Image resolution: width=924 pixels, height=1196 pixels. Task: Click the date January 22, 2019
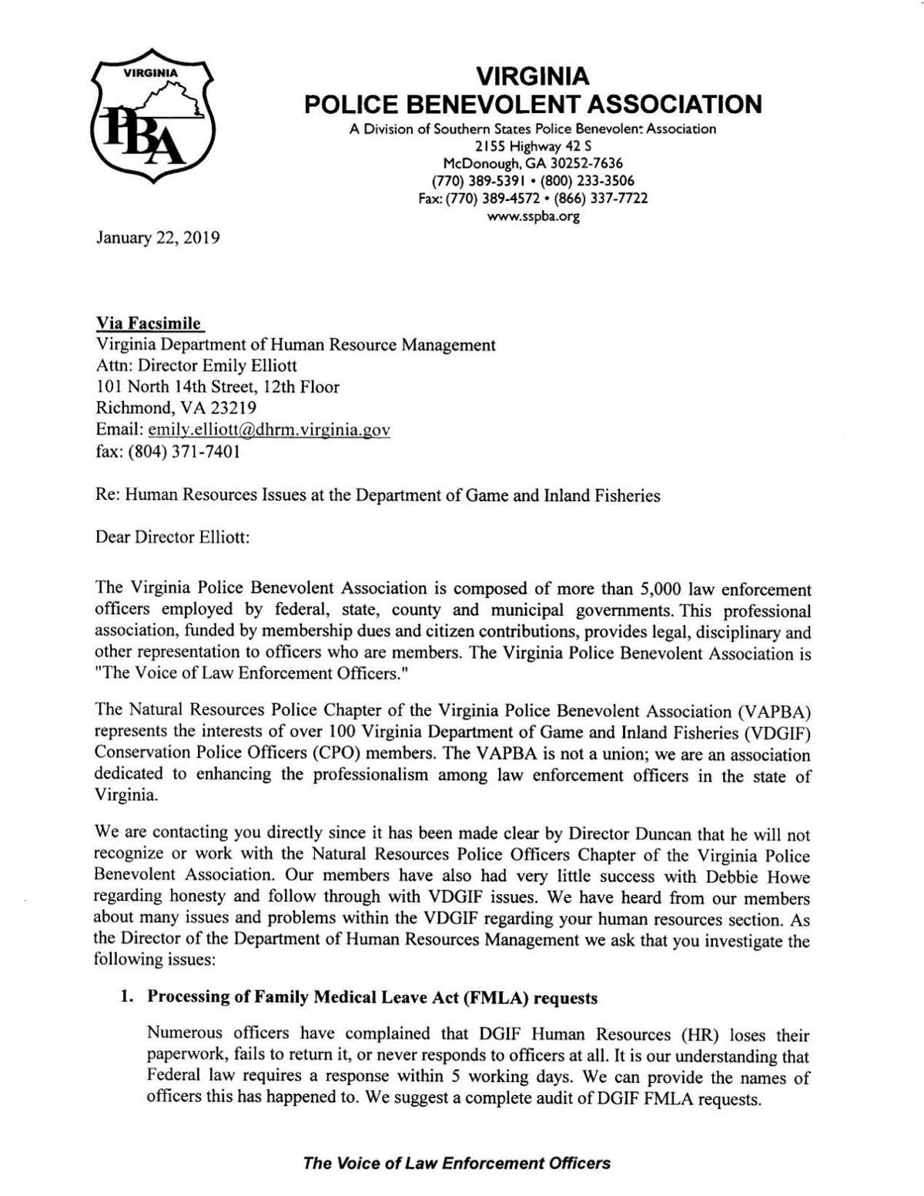pyautogui.click(x=158, y=238)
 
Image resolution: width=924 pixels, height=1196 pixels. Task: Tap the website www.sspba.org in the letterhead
pyautogui.click(x=533, y=216)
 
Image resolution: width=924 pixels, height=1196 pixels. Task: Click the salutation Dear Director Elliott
pyautogui.click(x=172, y=538)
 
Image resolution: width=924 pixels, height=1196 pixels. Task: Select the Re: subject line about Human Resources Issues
pyautogui.click(x=377, y=496)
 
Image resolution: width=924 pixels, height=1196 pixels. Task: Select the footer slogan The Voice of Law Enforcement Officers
pyautogui.click(x=457, y=1164)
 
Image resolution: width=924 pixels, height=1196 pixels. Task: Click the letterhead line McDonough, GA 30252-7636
pyautogui.click(x=533, y=163)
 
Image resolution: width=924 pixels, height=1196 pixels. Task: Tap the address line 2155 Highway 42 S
pyautogui.click(x=533, y=146)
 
